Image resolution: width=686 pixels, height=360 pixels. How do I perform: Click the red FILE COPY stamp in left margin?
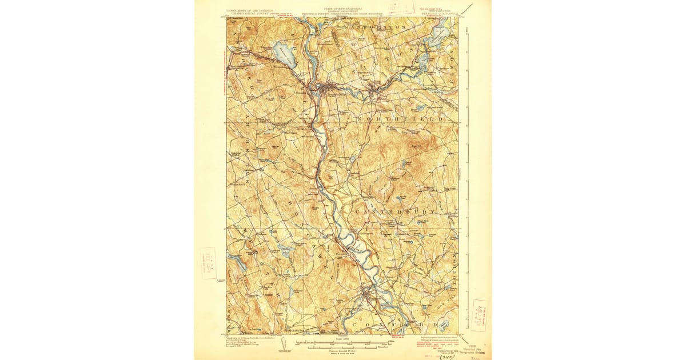tap(209, 263)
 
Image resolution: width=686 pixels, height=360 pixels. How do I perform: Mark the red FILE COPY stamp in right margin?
tap(478, 315)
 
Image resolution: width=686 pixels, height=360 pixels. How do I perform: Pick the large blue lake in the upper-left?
tap(284, 54)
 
